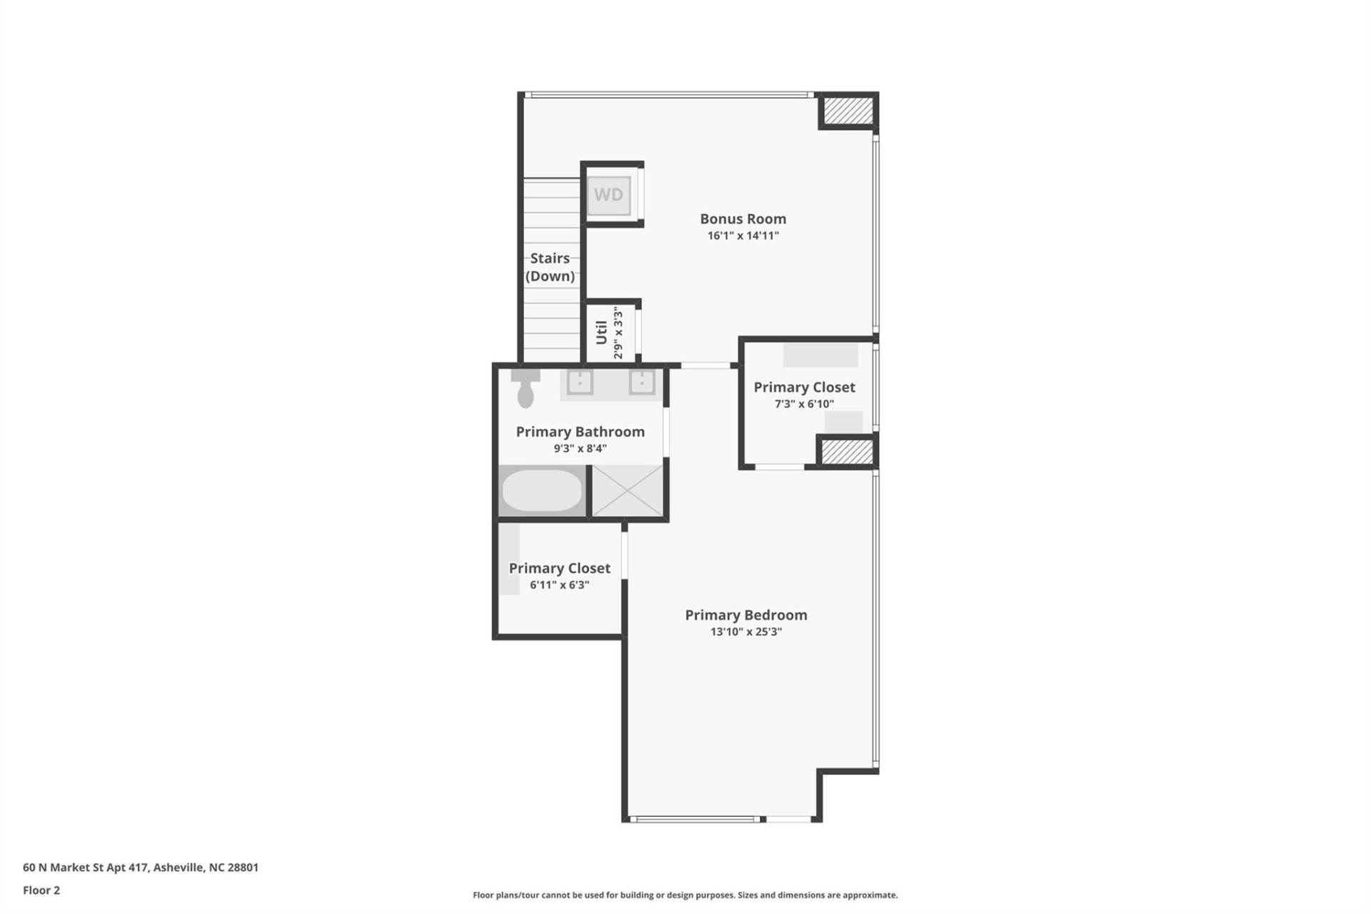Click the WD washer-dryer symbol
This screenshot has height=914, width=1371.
pos(608,195)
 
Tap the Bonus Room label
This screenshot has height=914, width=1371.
pos(743,219)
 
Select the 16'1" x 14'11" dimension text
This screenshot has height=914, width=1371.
pos(743,236)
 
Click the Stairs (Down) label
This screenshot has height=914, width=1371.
pos(550,267)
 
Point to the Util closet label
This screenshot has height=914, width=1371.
pos(602,332)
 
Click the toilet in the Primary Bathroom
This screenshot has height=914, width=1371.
pos(526,389)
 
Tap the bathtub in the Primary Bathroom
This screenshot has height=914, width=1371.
pos(542,491)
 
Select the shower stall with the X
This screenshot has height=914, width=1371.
pos(628,491)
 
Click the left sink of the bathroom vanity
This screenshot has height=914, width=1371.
pos(580,382)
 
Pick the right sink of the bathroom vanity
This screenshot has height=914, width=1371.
pos(642,382)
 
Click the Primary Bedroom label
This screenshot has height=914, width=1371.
pos(745,615)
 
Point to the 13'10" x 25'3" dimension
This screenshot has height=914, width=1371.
pos(745,632)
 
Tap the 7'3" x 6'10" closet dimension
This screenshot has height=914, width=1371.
pos(804,404)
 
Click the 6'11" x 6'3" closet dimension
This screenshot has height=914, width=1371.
pos(559,585)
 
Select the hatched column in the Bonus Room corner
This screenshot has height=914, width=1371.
pos(848,111)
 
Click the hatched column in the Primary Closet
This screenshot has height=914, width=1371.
pos(847,451)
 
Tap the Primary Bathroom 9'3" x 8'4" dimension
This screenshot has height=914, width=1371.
pos(580,448)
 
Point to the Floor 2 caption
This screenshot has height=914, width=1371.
pos(41,890)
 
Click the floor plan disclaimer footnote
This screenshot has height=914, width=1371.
pos(685,895)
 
